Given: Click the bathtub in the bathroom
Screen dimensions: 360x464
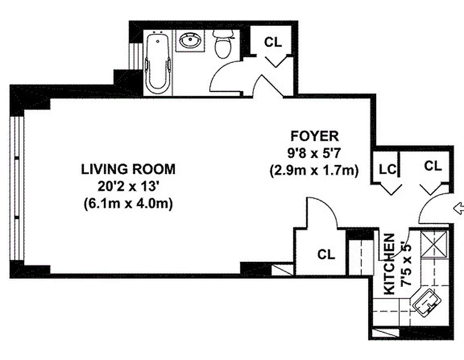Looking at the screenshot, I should [x=158, y=63].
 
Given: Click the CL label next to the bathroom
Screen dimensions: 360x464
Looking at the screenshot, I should [x=273, y=42].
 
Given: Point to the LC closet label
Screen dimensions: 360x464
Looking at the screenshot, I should [x=387, y=169].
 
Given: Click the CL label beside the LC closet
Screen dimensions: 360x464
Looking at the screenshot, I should [x=433, y=166].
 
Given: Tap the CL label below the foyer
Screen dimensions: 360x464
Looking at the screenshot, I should [x=326, y=254].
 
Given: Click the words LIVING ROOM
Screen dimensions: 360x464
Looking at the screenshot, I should [x=128, y=169].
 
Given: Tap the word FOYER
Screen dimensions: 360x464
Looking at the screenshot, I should [x=314, y=136].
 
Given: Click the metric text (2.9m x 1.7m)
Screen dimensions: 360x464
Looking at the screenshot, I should [x=314, y=171].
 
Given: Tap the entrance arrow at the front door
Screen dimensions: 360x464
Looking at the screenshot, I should [x=459, y=208].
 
